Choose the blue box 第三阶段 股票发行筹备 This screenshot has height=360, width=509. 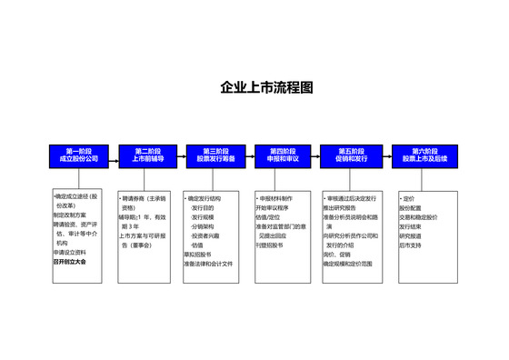click(x=215, y=155)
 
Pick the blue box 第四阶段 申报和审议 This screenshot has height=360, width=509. click(x=284, y=155)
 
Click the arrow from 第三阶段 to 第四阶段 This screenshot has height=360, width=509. click(x=249, y=155)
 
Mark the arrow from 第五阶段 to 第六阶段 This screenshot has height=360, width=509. click(x=385, y=155)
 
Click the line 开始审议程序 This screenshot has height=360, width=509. click(x=275, y=208)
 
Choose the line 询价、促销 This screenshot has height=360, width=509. click(x=337, y=254)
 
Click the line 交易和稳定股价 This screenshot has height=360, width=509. click(x=418, y=218)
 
